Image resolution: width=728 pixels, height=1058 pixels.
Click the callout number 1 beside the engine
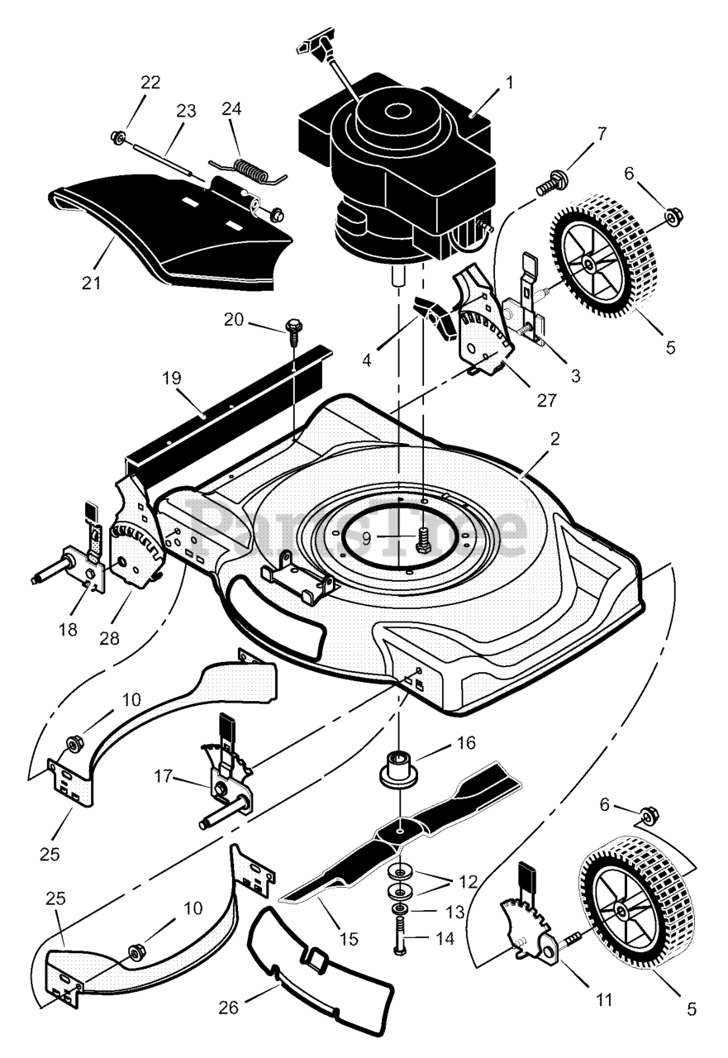point(510,82)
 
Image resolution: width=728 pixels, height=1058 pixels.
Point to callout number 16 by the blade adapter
point(466,742)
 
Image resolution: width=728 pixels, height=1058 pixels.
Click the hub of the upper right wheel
point(590,263)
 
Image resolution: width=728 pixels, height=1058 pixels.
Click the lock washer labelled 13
point(400,911)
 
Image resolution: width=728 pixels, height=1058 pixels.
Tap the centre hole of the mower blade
point(400,827)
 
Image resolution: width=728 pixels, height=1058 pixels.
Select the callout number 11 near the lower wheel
point(604,999)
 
